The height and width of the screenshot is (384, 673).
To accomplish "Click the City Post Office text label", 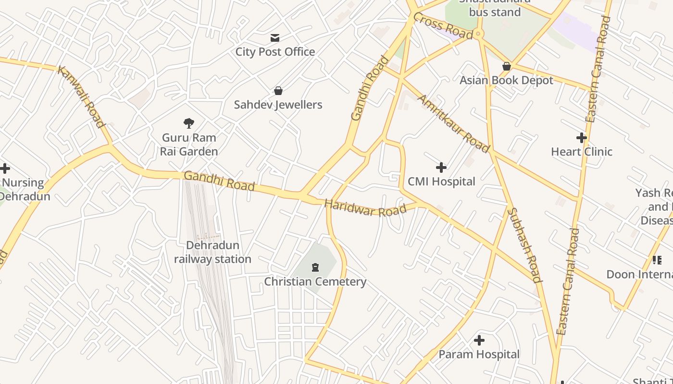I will coord(275,52).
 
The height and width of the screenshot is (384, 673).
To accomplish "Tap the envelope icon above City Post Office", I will coord(275,38).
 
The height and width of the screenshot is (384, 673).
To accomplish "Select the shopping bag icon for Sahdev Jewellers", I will coord(278,91).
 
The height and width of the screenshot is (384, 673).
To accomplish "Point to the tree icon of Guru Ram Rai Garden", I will coord(189,123).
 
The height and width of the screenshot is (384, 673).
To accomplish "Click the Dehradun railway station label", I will coord(212,252).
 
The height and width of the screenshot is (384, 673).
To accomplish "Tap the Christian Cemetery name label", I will coord(315,282).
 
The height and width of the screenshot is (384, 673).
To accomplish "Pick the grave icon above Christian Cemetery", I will coord(315,267).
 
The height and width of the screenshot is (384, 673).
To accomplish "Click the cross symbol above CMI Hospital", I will coord(441,168).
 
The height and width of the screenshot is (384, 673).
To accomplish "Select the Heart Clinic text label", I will coord(581,152).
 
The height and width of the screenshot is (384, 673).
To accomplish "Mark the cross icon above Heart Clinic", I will coord(582,138).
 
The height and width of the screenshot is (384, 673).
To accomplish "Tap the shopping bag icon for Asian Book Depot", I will coord(506,66).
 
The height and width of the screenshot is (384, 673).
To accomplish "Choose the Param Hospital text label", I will coord(479,355).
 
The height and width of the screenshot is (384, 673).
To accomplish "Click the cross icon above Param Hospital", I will coord(479,341).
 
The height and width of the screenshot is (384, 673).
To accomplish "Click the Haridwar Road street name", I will coord(365,208).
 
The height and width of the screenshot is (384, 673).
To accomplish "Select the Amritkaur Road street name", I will coord(453,123).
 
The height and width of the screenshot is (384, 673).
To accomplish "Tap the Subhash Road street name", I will coord(525,245).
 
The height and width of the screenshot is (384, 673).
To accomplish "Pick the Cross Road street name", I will coord(443,26).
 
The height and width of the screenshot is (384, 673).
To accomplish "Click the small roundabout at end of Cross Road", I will coord(477,34).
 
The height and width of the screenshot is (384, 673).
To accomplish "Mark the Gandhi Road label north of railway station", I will coord(219,181).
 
